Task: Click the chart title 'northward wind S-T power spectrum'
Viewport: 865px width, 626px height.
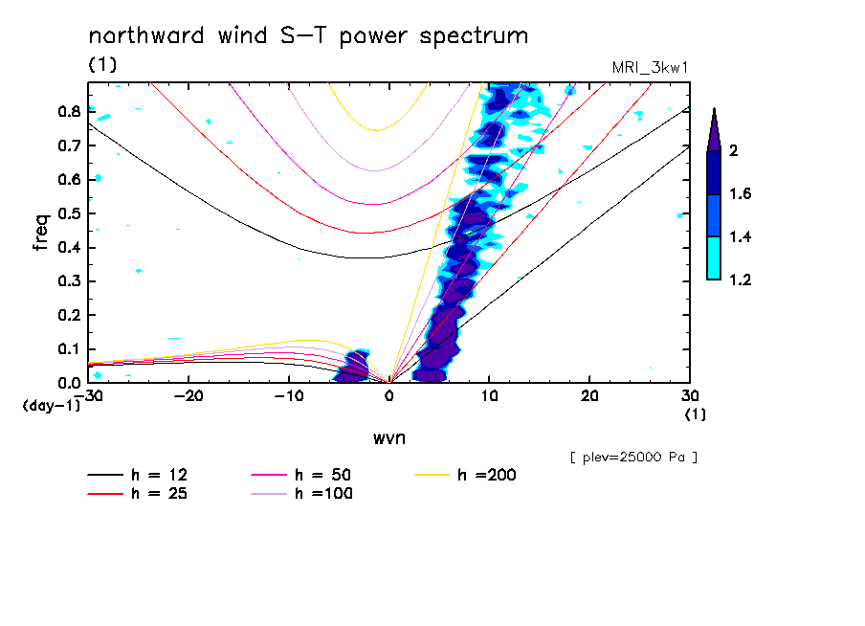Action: [308, 36]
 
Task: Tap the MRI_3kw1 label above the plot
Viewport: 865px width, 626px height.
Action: [651, 67]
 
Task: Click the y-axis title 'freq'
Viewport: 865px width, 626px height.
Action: [40, 232]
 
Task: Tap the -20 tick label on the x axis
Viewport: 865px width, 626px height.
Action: [189, 395]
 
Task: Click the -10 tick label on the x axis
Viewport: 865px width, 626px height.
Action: [289, 395]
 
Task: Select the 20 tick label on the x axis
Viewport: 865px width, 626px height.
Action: [589, 395]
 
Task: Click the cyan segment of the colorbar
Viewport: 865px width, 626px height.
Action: [714, 258]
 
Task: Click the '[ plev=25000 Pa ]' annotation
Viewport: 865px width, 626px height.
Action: [633, 458]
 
